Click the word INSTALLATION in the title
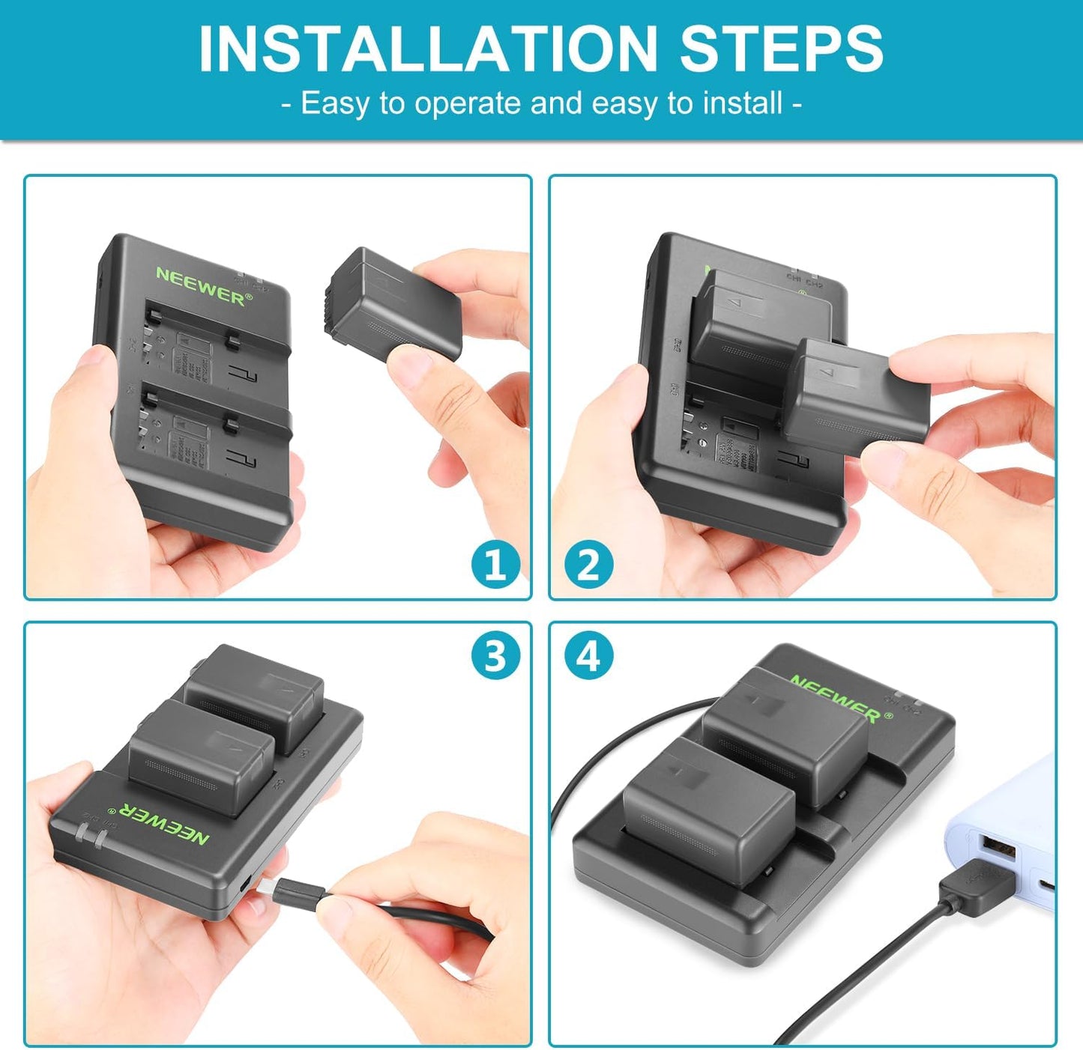(427, 49)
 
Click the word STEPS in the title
(781, 49)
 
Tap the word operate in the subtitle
(468, 103)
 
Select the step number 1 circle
(495, 564)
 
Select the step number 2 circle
(588, 564)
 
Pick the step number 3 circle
(495, 656)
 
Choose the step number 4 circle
(588, 656)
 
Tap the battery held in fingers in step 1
(395, 303)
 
